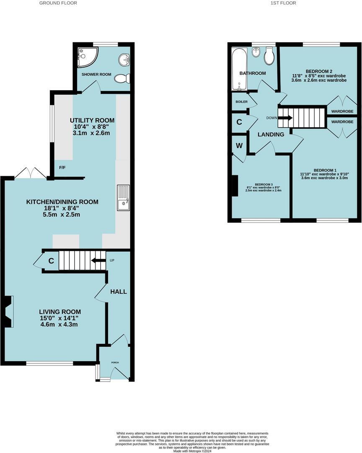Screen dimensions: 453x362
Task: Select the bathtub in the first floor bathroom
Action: click(x=240, y=68)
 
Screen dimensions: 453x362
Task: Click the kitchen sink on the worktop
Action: click(x=123, y=198)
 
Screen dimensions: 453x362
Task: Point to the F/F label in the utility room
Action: click(x=62, y=168)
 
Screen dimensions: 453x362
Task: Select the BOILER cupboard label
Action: click(x=241, y=102)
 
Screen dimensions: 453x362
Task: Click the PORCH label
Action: click(x=115, y=362)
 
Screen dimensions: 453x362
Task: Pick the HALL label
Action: click(x=118, y=292)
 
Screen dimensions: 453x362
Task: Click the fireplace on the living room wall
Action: click(x=9, y=311)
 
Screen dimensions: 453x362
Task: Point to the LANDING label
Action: click(x=271, y=134)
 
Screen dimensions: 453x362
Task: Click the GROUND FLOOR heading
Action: click(x=58, y=3)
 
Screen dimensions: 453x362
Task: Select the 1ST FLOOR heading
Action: click(x=283, y=3)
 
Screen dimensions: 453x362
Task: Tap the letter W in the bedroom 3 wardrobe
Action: click(x=239, y=146)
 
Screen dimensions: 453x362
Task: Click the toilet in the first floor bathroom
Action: click(x=269, y=56)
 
